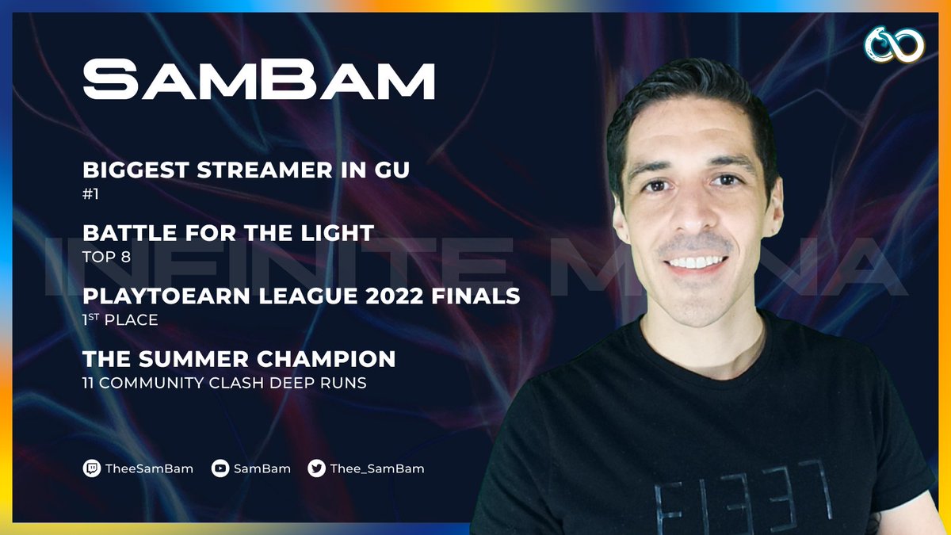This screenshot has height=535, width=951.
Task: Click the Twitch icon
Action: pyautogui.click(x=92, y=468)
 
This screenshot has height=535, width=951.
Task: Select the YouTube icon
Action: pyautogui.click(x=220, y=468)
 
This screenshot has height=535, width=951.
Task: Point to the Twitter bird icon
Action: pyautogui.click(x=316, y=468)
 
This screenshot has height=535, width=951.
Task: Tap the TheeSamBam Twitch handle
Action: pyautogui.click(x=150, y=468)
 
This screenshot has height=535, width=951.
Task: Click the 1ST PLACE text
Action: pyautogui.click(x=120, y=321)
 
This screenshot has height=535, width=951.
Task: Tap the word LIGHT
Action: pyautogui.click(x=338, y=233)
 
